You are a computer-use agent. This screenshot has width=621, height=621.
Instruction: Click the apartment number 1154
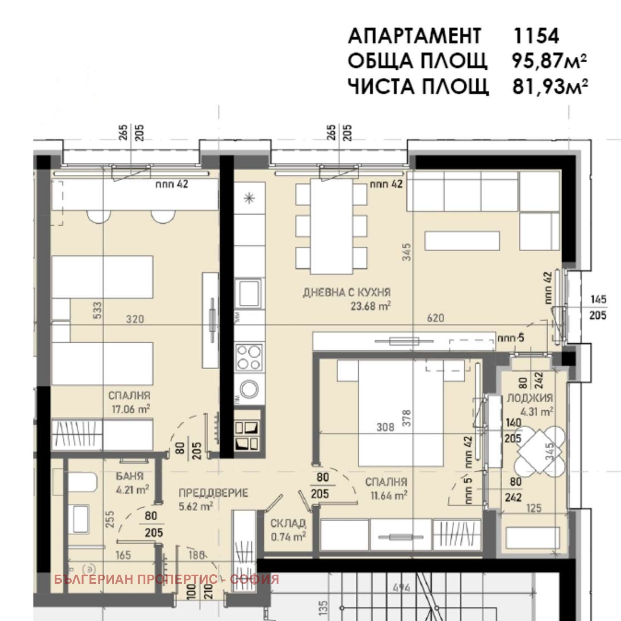click(x=536, y=36)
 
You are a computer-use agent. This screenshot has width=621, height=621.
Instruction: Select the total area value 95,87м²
click(x=549, y=61)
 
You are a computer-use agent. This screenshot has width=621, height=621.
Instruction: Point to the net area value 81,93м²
click(x=550, y=87)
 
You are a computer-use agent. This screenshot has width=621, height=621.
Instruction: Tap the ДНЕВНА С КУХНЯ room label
click(x=347, y=293)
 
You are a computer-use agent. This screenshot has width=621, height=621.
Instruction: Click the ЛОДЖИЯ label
click(x=530, y=398)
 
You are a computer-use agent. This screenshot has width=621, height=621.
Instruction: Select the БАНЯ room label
click(x=130, y=476)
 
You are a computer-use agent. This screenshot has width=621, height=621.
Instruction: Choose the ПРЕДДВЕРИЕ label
click(x=213, y=493)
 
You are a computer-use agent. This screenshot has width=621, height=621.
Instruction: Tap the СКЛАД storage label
click(x=288, y=523)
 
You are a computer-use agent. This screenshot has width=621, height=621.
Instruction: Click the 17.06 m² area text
click(x=130, y=409)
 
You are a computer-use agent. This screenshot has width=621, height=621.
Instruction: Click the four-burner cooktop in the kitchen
click(x=248, y=357)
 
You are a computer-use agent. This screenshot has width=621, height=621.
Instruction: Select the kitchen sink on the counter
click(x=248, y=293)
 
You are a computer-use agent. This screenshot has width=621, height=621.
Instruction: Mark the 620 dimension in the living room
click(x=435, y=318)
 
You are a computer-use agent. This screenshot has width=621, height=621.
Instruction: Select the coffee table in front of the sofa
click(x=462, y=241)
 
